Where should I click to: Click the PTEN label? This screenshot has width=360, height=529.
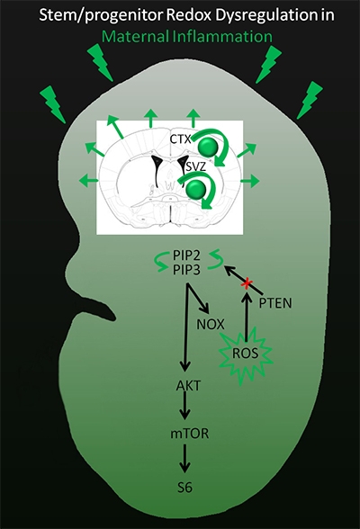click(x=275, y=303)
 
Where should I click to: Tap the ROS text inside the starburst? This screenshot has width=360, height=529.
click(x=246, y=354)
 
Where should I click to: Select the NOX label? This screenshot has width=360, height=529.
click(x=211, y=324)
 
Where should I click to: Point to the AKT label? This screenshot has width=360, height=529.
click(x=188, y=385)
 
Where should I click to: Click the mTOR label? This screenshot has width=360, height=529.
click(x=190, y=434)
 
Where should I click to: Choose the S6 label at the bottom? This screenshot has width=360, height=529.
click(x=184, y=488)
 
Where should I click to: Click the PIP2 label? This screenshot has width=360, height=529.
click(x=186, y=256)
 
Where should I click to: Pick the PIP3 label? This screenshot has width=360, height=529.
click(x=186, y=270)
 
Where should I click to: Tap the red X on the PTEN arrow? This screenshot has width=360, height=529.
click(x=247, y=284)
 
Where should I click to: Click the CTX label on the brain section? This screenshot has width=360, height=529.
click(x=181, y=139)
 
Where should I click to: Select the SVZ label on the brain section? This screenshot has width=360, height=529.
click(x=196, y=166)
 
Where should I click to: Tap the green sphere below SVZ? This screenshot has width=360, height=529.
click(x=197, y=188)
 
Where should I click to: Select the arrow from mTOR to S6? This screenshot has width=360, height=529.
click(x=184, y=459)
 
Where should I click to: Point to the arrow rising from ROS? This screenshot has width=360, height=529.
click(x=247, y=318)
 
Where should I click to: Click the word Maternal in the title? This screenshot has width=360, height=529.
click(x=136, y=36)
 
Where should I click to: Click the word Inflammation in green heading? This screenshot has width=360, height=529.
click(x=222, y=36)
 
